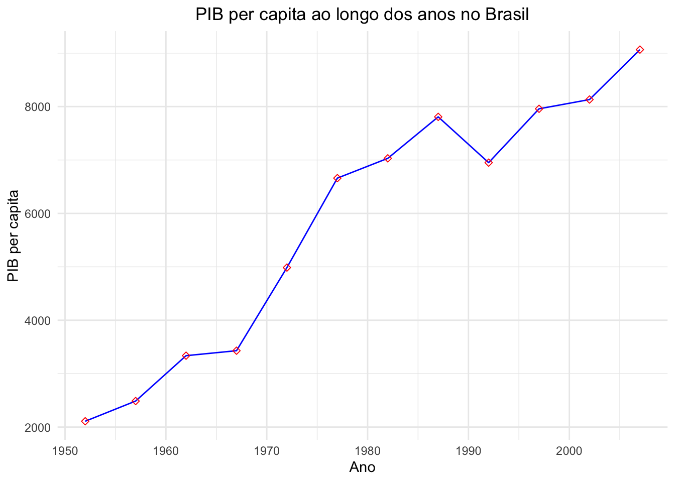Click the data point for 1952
[85, 421]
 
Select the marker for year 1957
[136, 401]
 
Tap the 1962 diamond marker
[186, 355]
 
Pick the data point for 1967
[237, 350]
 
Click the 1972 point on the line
[287, 268]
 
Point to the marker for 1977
[338, 178]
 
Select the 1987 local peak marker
[438, 117]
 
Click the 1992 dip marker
[489, 163]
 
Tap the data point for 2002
[590, 99]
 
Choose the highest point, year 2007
[640, 50]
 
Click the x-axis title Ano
[362, 467]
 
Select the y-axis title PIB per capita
[14, 235]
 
